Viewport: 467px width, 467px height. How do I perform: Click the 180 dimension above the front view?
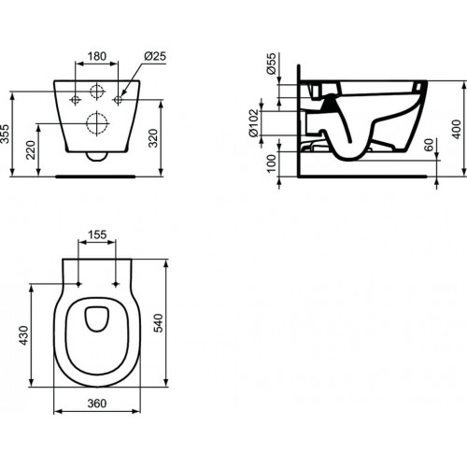coord(97,55)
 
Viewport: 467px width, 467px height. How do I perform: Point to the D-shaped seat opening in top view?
coord(97,320)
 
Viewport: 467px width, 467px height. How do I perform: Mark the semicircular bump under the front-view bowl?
coord(97,157)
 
